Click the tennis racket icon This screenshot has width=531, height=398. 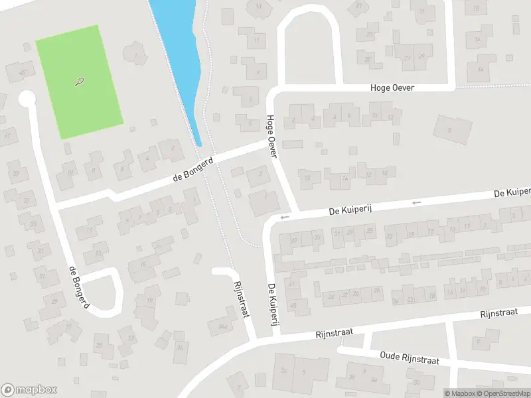[x=80, y=82]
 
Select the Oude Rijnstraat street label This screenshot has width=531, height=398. [x=410, y=359]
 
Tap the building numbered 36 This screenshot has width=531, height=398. [x=179, y=347]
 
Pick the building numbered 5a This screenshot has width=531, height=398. [x=283, y=369]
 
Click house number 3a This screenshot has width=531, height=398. [x=374, y=380]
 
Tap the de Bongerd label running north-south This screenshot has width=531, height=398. [x=78, y=287]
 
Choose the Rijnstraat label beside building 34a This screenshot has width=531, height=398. [x=240, y=299]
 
